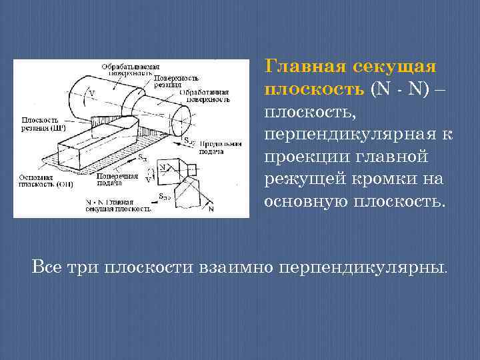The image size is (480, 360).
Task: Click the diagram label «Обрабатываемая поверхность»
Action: tap(131, 69)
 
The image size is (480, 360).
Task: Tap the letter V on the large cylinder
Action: tap(91, 94)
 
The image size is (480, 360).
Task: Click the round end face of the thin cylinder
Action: tap(182, 123)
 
